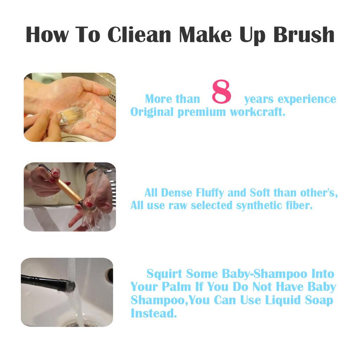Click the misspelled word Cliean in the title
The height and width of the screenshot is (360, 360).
(139, 34)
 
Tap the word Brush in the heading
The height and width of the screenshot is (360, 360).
(304, 34)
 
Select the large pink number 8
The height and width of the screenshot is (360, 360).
(221, 91)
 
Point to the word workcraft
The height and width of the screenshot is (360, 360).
(258, 112)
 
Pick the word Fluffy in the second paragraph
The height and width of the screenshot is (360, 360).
(210, 193)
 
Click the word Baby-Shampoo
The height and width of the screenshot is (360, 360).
(264, 274)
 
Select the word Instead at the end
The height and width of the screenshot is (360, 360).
(154, 313)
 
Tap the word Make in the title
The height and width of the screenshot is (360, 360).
(205, 34)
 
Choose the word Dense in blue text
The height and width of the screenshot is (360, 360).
(176, 193)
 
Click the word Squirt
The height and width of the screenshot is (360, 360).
(165, 274)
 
